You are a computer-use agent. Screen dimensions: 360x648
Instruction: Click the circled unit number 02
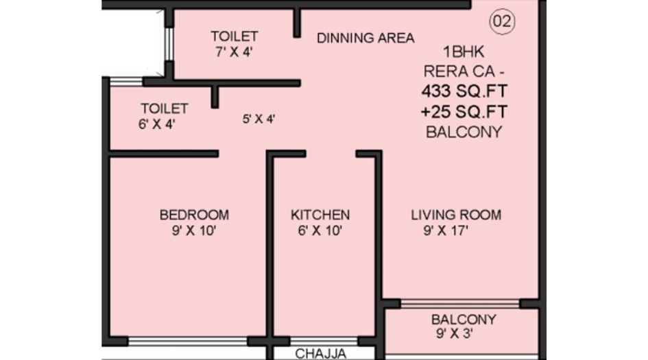tap(501, 22)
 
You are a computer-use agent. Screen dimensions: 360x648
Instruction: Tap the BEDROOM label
tap(194, 215)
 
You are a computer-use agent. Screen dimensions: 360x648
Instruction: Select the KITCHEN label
tap(320, 215)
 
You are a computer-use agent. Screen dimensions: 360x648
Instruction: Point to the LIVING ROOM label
tap(455, 215)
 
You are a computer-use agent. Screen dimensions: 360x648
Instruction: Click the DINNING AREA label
tap(365, 38)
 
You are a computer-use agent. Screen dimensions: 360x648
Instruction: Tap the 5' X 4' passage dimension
tap(259, 119)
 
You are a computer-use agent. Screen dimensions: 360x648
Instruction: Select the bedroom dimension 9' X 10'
tap(194, 231)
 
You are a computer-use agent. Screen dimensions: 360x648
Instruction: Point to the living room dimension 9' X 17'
tap(446, 231)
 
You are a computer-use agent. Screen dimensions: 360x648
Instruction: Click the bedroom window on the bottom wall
tap(188, 341)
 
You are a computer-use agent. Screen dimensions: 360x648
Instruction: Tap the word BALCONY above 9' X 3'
tap(464, 320)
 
